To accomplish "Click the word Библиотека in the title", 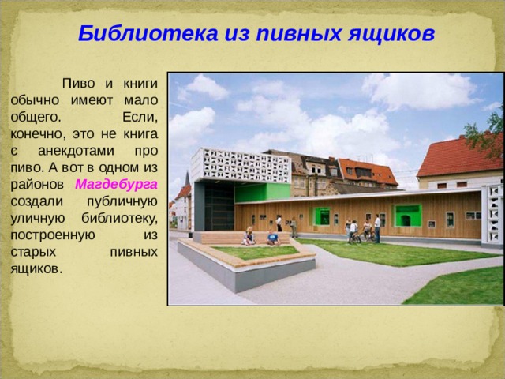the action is (148, 33).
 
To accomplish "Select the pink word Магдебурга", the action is (116, 185).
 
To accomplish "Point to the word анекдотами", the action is (76, 151).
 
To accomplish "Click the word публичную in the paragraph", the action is (122, 202).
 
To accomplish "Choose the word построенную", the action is (53, 235).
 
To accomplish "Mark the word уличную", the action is (38, 219).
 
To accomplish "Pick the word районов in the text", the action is (37, 185).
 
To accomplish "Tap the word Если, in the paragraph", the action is (140, 117).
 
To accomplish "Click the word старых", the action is (33, 252).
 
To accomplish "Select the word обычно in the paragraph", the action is (35, 100).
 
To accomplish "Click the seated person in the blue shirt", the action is (273, 238).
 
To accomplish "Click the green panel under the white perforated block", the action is (262, 193).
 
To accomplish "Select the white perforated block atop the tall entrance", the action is (241, 165).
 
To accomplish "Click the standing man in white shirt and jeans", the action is (377, 228).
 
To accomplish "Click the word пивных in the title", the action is (298, 34).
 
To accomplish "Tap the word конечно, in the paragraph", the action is (39, 134).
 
